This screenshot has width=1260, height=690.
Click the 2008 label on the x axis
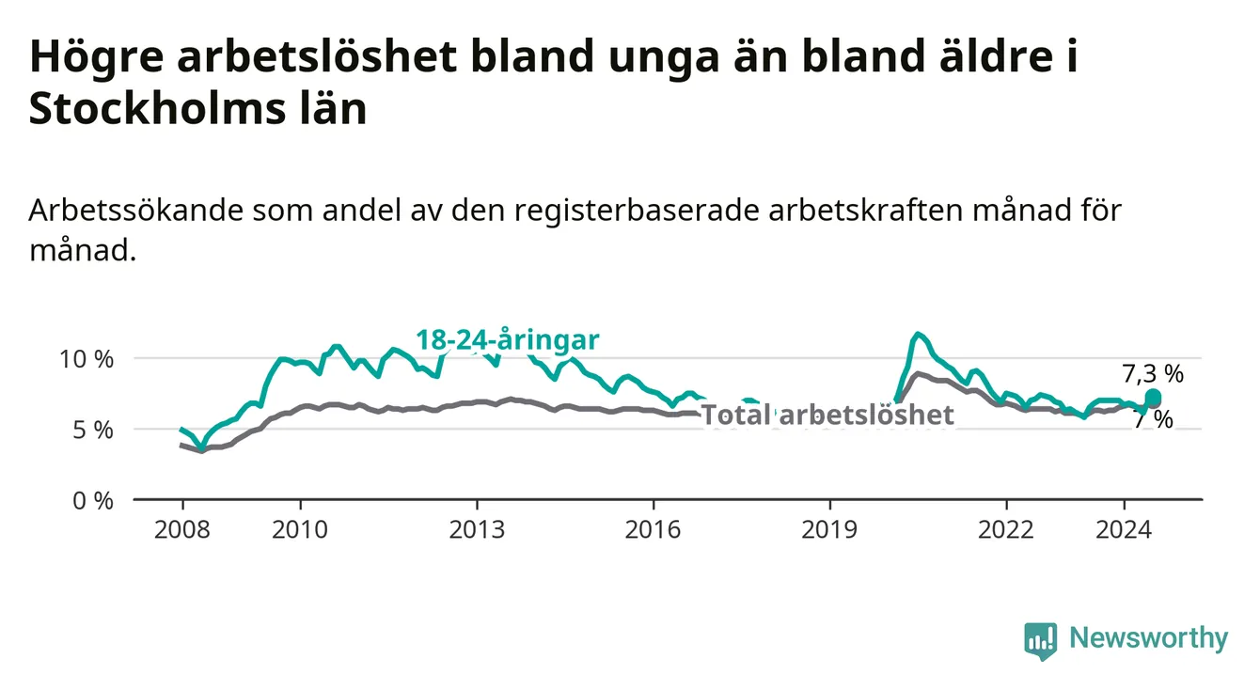click(x=181, y=530)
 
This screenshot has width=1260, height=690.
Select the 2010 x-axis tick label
click(x=300, y=530)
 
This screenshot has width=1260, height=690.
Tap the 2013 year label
click(x=477, y=530)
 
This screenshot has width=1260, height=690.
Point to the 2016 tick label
click(x=654, y=530)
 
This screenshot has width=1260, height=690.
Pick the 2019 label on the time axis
click(x=829, y=530)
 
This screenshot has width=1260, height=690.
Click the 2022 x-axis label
click(x=1006, y=530)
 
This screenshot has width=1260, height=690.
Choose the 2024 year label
click(x=1124, y=530)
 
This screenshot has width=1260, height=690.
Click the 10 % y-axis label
click(x=87, y=359)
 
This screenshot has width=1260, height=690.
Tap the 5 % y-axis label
click(x=93, y=431)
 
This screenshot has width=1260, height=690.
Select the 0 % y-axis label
click(x=93, y=501)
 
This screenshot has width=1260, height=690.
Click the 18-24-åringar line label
click(x=508, y=340)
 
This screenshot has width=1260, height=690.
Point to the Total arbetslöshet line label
click(x=828, y=415)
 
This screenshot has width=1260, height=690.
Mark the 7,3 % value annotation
click(x=1153, y=374)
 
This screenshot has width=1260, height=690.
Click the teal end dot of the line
click(x=1153, y=398)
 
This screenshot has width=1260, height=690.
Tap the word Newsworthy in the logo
click(x=1149, y=637)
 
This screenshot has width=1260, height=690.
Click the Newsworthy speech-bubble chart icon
click(x=1041, y=641)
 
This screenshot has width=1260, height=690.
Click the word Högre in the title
click(x=97, y=56)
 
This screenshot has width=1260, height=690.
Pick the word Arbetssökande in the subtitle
click(x=136, y=211)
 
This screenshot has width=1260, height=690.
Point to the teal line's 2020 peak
click(x=918, y=334)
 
